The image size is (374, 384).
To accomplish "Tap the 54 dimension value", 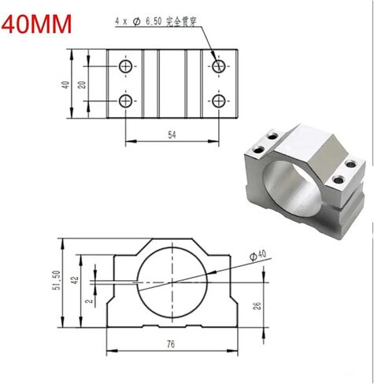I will (172, 135).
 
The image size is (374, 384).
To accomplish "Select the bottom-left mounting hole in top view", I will (125, 100).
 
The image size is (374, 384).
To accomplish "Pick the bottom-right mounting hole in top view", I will (219, 100).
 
